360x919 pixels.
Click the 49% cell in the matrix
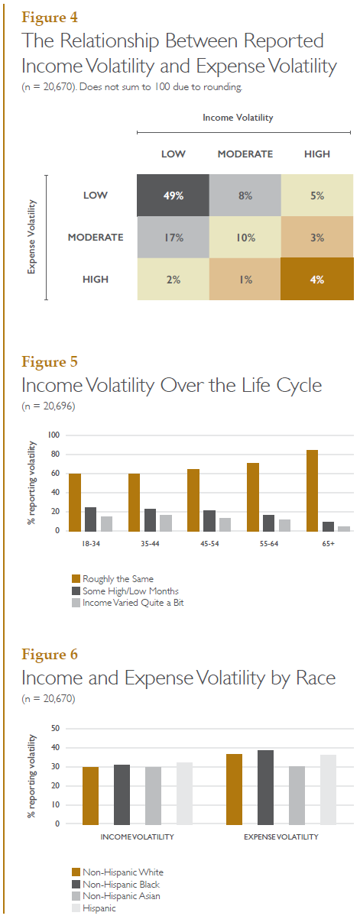[x=173, y=196]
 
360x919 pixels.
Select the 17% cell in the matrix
[x=173, y=237]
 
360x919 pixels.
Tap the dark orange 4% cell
[x=317, y=279]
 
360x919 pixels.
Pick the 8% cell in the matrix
[x=245, y=196]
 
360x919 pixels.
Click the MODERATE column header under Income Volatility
[x=245, y=154]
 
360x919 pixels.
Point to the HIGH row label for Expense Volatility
[x=96, y=280]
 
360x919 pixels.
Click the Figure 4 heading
[x=50, y=18]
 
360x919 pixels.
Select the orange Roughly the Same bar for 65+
[x=312, y=490]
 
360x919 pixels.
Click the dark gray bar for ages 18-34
[x=91, y=519]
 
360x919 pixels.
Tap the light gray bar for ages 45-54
[x=225, y=525]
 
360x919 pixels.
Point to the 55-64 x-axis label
[x=269, y=544]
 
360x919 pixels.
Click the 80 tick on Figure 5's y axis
[x=55, y=455]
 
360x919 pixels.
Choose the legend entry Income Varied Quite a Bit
[x=128, y=603]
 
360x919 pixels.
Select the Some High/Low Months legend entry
[x=125, y=591]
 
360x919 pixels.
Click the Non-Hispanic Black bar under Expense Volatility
[x=265, y=788]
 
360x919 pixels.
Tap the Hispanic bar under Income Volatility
[x=184, y=794]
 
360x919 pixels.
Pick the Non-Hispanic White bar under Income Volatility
[x=90, y=796]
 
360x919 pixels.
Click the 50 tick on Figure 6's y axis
[x=55, y=728]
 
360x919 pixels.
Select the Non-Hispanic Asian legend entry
[x=116, y=896]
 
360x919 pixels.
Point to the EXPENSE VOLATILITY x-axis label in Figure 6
[x=281, y=837]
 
